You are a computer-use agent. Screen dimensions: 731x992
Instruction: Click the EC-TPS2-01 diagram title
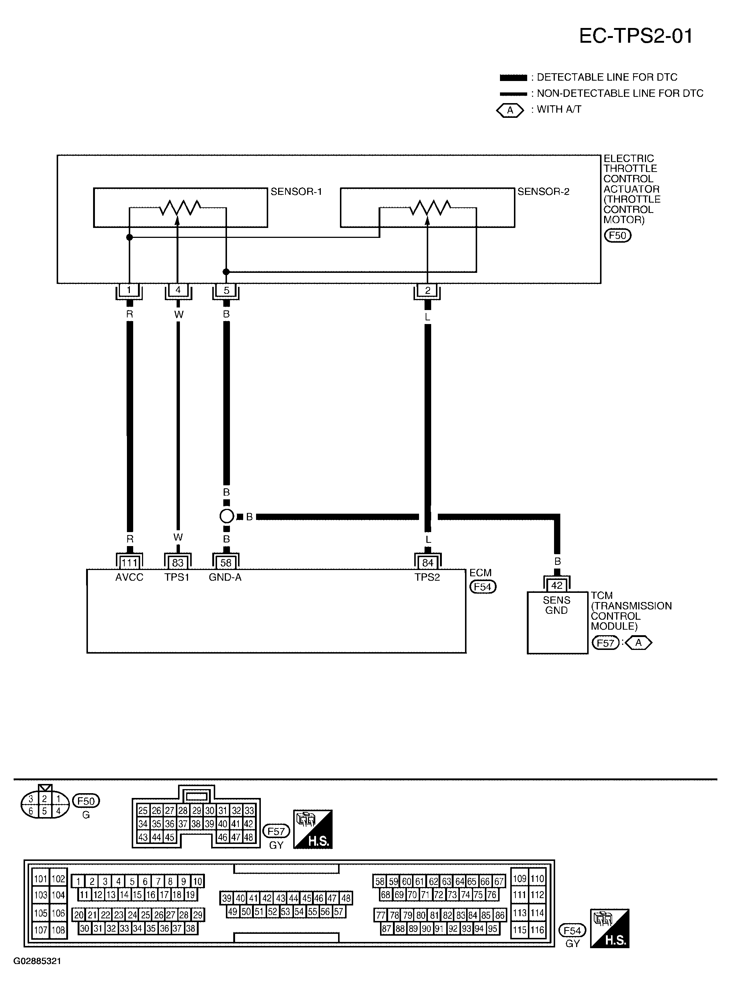[636, 36]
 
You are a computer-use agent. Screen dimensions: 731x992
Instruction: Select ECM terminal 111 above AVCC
[129, 562]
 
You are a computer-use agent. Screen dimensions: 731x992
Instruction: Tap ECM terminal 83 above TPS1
[178, 562]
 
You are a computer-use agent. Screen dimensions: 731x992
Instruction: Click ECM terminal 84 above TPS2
[427, 562]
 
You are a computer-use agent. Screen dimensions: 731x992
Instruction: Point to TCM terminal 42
[557, 585]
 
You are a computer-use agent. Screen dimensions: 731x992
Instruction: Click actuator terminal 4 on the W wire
[178, 290]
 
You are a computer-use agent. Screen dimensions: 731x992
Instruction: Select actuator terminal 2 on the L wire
[427, 291]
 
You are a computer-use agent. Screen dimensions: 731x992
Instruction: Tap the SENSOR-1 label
[296, 192]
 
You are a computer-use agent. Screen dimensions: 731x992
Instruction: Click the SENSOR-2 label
[543, 192]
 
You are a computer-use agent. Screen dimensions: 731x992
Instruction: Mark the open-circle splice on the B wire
[227, 516]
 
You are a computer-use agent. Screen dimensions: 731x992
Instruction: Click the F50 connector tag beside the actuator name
[618, 235]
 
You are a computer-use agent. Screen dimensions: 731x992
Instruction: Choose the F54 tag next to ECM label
[483, 587]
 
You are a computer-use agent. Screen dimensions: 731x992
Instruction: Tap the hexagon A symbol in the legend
[510, 110]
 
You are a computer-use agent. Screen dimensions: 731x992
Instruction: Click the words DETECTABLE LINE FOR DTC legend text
[607, 77]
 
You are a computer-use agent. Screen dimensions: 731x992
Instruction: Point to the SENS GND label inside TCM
[557, 605]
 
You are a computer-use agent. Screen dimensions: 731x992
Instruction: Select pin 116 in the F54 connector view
[537, 929]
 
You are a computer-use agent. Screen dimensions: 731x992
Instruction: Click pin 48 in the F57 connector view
[249, 837]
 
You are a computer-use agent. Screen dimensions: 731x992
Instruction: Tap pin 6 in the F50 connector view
[31, 811]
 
